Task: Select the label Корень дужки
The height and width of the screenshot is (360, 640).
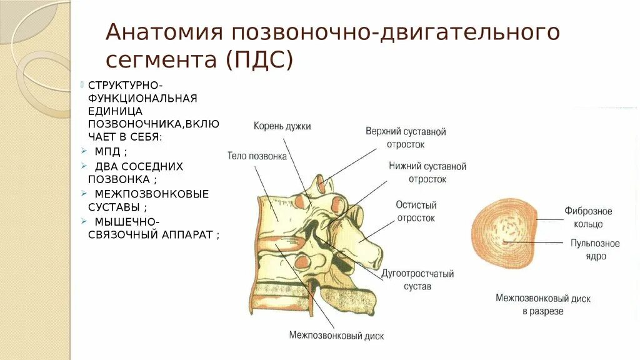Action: click(282, 126)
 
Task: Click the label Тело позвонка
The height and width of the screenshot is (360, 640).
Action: click(257, 156)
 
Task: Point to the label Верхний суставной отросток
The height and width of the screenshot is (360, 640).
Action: click(406, 137)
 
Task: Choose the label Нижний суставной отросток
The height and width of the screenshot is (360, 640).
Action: click(427, 172)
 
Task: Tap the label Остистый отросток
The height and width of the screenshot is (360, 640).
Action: click(416, 211)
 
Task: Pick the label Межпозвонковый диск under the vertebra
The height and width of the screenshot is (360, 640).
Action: click(336, 335)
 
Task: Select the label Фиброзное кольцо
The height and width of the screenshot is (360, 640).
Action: click(588, 217)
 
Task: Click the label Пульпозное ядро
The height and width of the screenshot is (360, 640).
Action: click(594, 249)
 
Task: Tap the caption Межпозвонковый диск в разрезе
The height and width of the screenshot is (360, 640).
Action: click(542, 304)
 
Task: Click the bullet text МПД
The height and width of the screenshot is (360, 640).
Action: click(111, 151)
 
